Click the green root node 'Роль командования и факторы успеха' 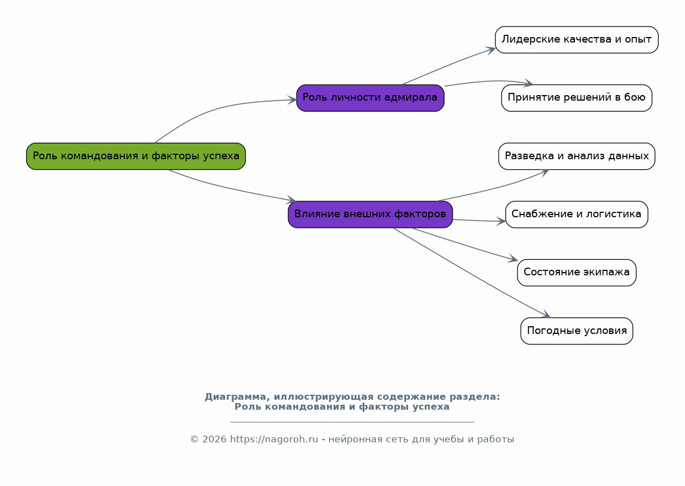point(136,156)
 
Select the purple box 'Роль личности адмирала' point(370,98)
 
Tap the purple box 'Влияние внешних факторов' point(370,215)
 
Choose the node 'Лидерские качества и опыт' point(577,40)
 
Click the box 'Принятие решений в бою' point(577,98)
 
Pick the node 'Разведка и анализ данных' point(577,156)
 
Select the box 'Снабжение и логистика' point(577,215)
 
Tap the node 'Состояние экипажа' point(577,273)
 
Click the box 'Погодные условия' point(577,331)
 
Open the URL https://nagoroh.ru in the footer point(274,440)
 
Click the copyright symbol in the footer point(194,440)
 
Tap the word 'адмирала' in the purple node point(411,97)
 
